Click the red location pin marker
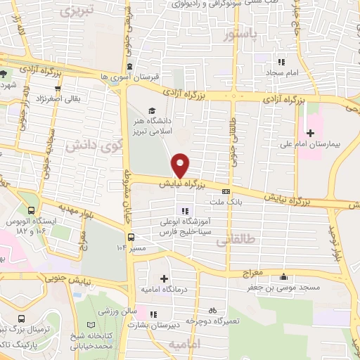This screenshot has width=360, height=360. pyautogui.click(x=181, y=165)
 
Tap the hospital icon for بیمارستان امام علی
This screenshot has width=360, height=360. pyautogui.click(x=310, y=132)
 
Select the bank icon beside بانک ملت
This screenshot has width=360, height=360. pyautogui.click(x=226, y=191)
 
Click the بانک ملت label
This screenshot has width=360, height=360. pyautogui.click(x=225, y=201)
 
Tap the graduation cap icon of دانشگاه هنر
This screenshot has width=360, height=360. pyautogui.click(x=152, y=110)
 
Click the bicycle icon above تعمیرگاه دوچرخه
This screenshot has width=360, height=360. pyautogui.click(x=212, y=310)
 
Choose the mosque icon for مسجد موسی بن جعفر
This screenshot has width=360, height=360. pyautogui.click(x=283, y=276)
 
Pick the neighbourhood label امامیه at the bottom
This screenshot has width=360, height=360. pyautogui.click(x=184, y=344)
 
